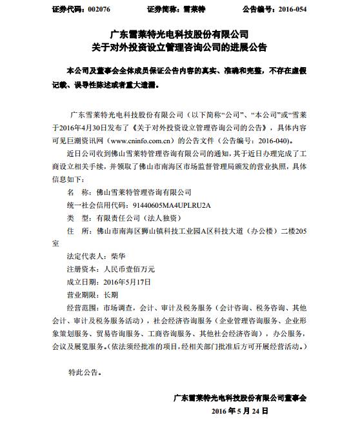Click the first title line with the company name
click(x=180, y=33)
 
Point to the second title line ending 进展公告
click(x=180, y=47)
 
